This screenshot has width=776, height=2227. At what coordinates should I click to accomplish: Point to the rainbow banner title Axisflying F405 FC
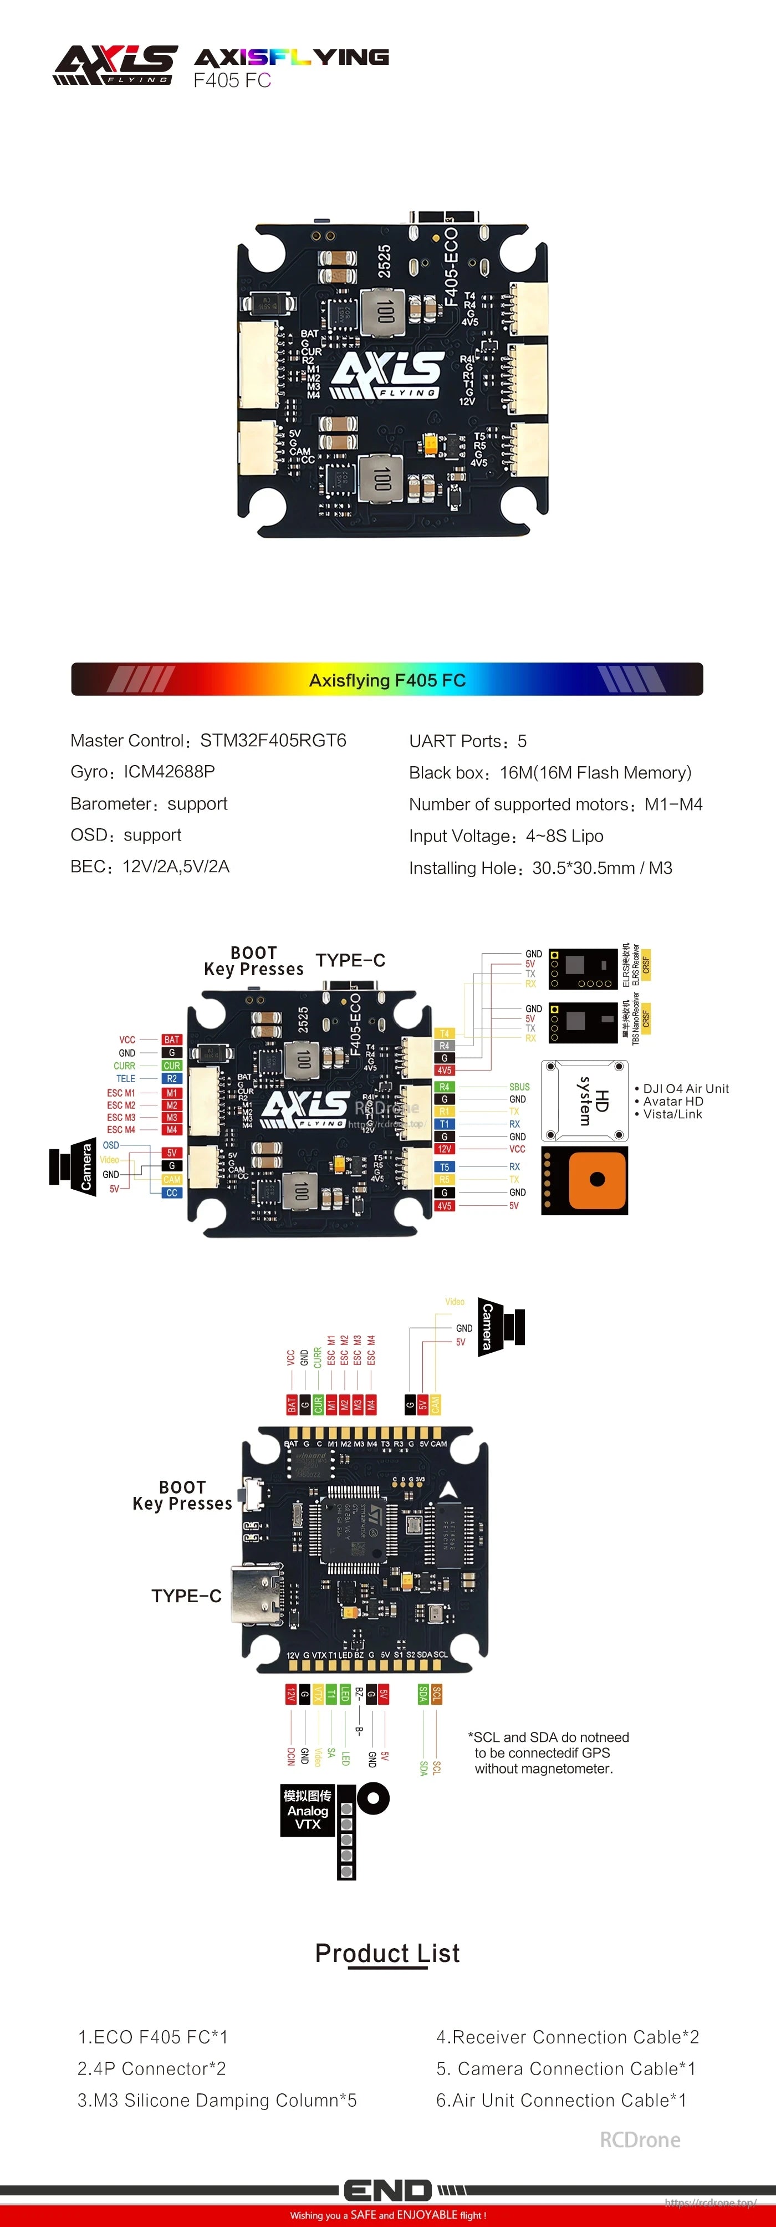pyautogui.click(x=387, y=680)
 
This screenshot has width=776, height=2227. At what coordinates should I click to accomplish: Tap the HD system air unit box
pyautogui.click(x=584, y=1100)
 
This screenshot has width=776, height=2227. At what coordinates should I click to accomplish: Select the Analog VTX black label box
pyautogui.click(x=307, y=1810)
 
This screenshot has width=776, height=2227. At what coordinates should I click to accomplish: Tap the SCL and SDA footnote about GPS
pyautogui.click(x=548, y=1752)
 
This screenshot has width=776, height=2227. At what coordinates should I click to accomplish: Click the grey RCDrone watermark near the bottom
pyautogui.click(x=640, y=2140)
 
